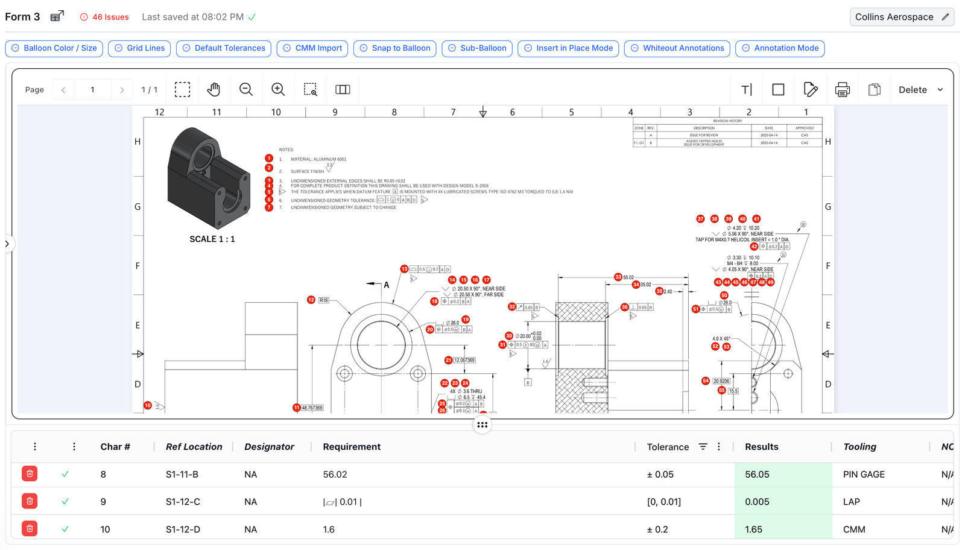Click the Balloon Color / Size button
point(54,48)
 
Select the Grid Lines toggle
point(139,48)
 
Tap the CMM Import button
point(312,48)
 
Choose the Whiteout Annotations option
point(677,48)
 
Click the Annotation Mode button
point(780,48)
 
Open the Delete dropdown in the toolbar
point(920,90)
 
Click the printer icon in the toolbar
point(842,90)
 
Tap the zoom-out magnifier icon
point(245,90)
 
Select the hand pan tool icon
point(214,90)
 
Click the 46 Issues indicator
point(104,17)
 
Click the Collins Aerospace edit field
point(901,17)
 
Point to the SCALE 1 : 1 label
point(212,239)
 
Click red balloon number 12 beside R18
point(311,300)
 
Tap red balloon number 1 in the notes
point(269,158)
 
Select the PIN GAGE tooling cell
point(864,475)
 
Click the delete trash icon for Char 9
point(30,501)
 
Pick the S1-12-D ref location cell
point(183,529)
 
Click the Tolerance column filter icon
point(703,447)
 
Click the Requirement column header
point(352,447)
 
